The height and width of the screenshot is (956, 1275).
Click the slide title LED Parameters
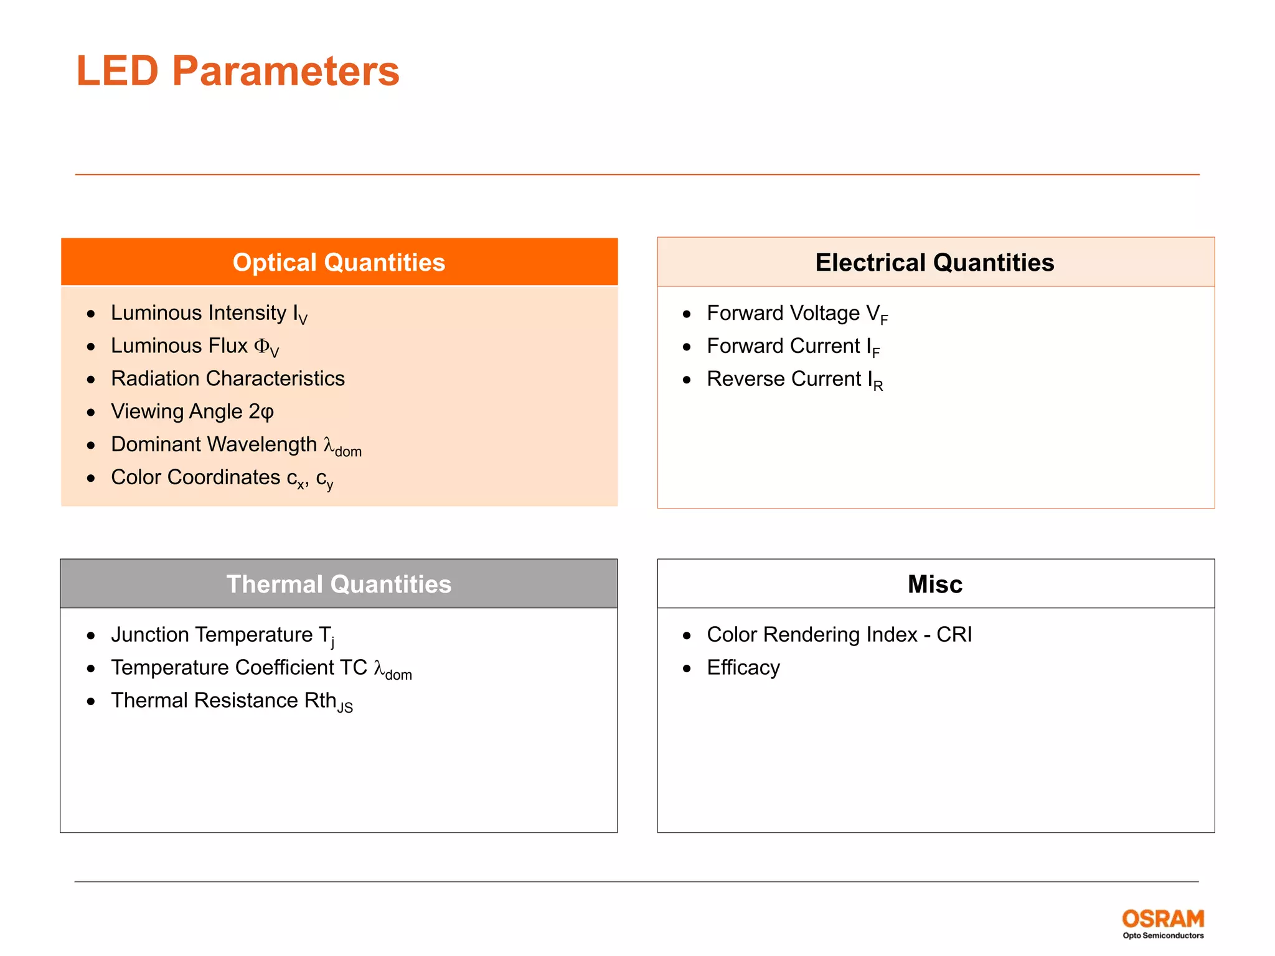[237, 71]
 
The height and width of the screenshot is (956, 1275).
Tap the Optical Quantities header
[339, 262]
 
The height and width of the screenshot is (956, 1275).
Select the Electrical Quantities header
[934, 262]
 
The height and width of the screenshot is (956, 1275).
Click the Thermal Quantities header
[339, 584]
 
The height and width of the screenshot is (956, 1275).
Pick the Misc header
[934, 584]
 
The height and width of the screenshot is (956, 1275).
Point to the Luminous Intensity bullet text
[209, 313]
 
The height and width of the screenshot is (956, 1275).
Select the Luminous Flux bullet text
[194, 346]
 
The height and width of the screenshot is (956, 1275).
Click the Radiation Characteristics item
[227, 378]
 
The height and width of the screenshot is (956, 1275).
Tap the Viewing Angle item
[192, 411]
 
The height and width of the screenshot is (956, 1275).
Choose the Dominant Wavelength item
[235, 445]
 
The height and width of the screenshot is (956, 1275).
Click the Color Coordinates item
[222, 477]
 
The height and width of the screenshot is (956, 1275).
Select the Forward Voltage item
[797, 314]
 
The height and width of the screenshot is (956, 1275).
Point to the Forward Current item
[793, 346]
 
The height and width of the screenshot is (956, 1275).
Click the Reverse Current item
[794, 379]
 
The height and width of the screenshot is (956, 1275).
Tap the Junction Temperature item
[222, 635]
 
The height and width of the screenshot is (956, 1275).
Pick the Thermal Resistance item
[231, 701]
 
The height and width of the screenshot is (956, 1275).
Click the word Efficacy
[743, 668]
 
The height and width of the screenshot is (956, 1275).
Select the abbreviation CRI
[954, 634]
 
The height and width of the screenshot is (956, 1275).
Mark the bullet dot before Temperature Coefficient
[91, 668]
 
